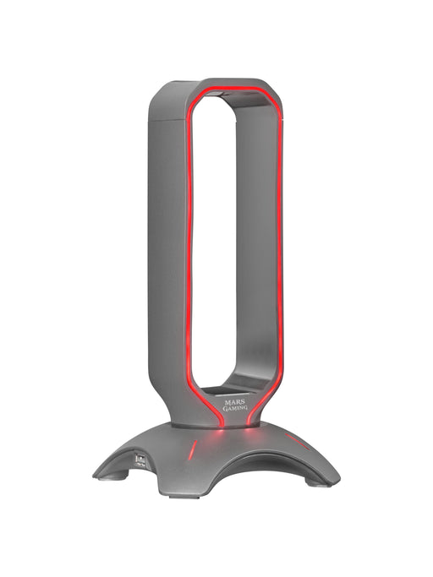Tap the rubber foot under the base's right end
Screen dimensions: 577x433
tap(320, 484)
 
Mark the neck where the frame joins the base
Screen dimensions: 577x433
tap(216, 418)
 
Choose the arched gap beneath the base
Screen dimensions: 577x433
tap(237, 473)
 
